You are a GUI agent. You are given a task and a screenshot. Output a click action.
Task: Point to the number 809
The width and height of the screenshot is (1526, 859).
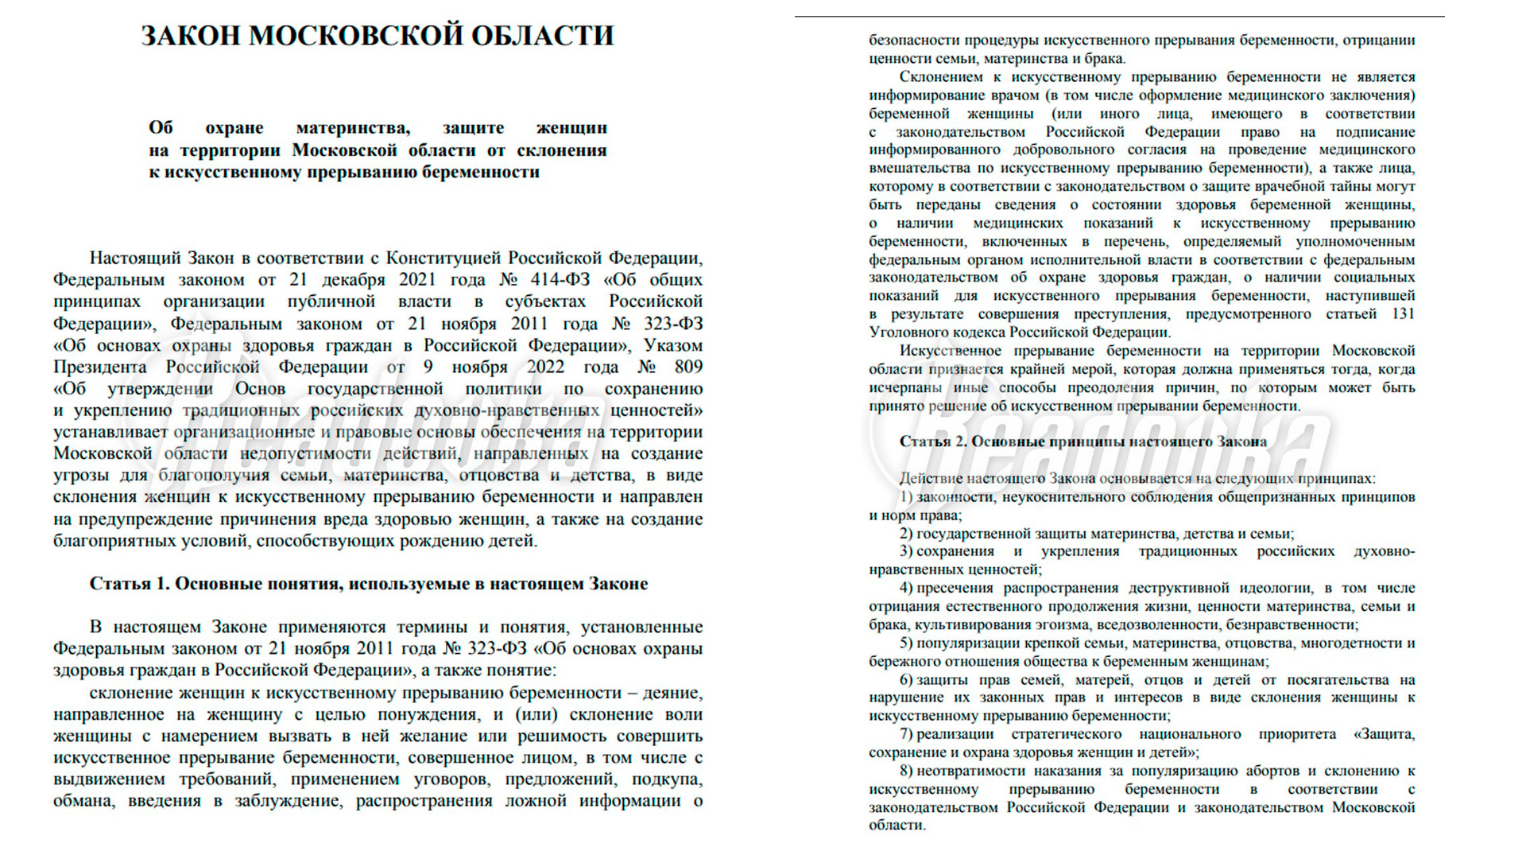688,367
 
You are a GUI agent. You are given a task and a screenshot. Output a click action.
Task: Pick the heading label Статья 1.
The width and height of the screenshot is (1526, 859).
130,584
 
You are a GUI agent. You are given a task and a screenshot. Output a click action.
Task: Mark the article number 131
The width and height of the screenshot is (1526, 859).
1403,314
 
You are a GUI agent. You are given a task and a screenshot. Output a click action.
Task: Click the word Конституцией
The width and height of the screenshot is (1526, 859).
443,258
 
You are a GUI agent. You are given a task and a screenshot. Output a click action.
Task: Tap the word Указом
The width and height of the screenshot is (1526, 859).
673,345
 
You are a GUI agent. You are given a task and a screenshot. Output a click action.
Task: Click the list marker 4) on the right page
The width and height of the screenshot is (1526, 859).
906,588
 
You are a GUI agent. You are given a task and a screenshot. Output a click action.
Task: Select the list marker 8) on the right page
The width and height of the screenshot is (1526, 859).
906,771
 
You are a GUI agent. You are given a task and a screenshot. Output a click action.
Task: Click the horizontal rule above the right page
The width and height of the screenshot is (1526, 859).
1119,16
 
